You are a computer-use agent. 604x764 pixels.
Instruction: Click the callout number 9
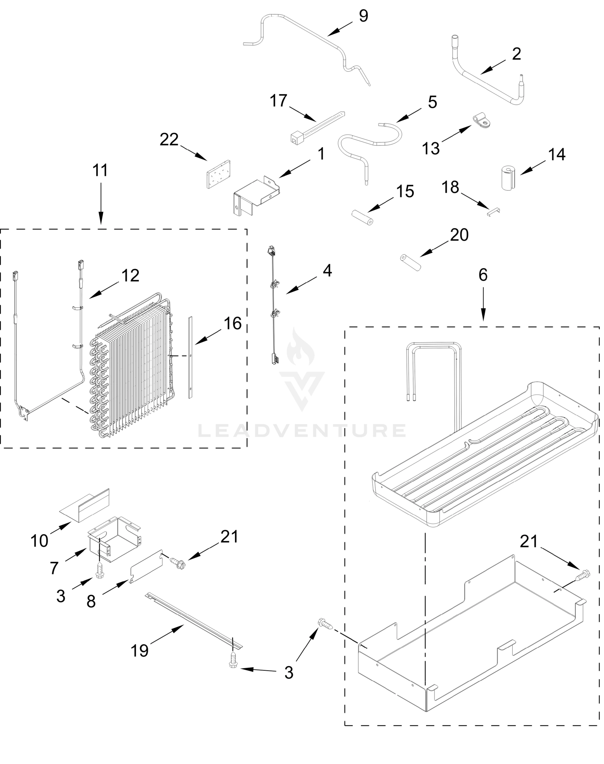(363, 17)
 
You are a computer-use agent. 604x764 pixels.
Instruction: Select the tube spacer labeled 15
(362, 218)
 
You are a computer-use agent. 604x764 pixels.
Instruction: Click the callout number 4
(327, 271)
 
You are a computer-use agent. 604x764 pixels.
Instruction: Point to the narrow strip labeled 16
(191, 357)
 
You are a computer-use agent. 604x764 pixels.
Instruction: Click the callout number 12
(131, 276)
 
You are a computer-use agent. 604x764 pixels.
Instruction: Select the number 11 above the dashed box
(100, 170)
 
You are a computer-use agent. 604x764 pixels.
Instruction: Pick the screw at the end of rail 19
(233, 659)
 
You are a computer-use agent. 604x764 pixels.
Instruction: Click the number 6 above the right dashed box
(483, 275)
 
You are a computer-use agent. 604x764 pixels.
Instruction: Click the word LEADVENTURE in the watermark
(302, 430)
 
